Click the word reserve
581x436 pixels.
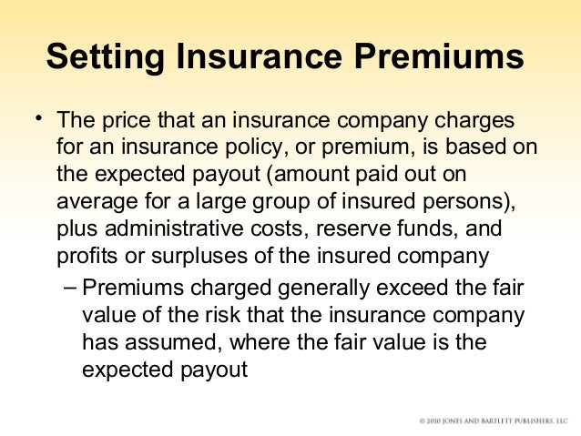[339, 227]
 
